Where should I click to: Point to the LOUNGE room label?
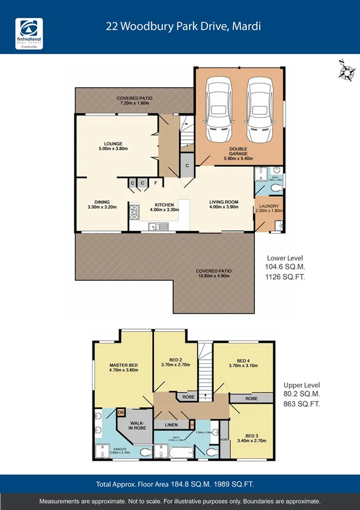pos(113,144)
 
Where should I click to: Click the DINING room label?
pos(102,203)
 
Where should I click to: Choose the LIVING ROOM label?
pos(224,202)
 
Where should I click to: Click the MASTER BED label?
pos(123,365)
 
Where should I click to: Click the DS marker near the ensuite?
pos(121,412)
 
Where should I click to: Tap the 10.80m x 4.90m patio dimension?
pos(214,275)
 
